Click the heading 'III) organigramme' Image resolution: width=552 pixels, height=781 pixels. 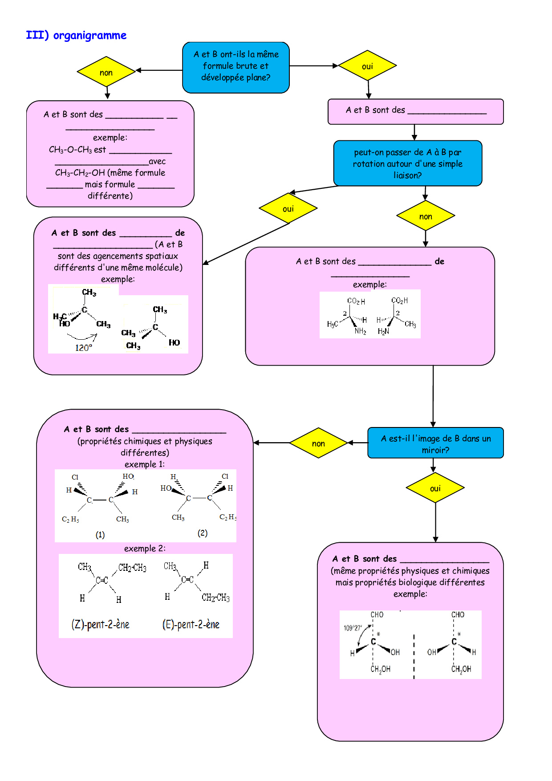[76, 36]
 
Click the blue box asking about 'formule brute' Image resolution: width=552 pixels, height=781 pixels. [236, 67]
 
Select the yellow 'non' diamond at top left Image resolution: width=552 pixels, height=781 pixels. [106, 72]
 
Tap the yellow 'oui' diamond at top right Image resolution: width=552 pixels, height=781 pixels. [367, 66]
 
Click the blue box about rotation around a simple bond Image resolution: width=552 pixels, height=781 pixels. [407, 163]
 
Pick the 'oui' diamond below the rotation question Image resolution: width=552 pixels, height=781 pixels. [288, 208]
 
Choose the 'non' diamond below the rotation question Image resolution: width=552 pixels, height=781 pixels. [426, 216]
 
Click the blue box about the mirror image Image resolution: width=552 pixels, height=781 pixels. [435, 443]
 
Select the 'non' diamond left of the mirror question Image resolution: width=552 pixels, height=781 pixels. [318, 443]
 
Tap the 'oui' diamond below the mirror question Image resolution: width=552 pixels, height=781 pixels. [435, 488]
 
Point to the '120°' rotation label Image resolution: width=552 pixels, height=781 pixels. [83, 348]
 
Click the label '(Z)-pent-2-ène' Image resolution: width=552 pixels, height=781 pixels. [100, 624]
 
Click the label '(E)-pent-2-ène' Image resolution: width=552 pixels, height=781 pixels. [191, 624]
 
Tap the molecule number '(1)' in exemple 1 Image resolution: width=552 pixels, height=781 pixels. [100, 535]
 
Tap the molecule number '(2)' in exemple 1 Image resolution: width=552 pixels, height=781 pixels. [203, 533]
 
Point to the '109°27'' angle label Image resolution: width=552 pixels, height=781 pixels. [353, 628]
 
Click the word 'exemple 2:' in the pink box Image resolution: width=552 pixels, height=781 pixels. [145, 549]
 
